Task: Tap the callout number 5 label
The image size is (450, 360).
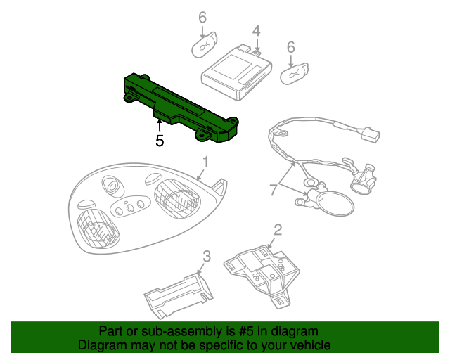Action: tap(160, 141)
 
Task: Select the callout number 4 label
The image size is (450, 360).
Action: tap(256, 31)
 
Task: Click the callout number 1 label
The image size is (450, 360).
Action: tap(205, 162)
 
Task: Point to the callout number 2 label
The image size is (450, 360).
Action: tap(278, 230)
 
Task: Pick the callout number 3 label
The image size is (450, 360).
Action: tap(207, 256)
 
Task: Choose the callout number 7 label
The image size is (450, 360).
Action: tap(274, 189)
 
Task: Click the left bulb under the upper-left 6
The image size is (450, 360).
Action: tap(205, 45)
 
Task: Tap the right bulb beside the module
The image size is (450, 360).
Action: tap(294, 73)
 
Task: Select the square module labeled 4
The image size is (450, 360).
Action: tap(237, 72)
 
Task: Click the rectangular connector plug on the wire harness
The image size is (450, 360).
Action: tap(370, 134)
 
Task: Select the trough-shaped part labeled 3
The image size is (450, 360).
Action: tap(179, 296)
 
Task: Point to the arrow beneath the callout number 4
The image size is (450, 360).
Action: tap(257, 45)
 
